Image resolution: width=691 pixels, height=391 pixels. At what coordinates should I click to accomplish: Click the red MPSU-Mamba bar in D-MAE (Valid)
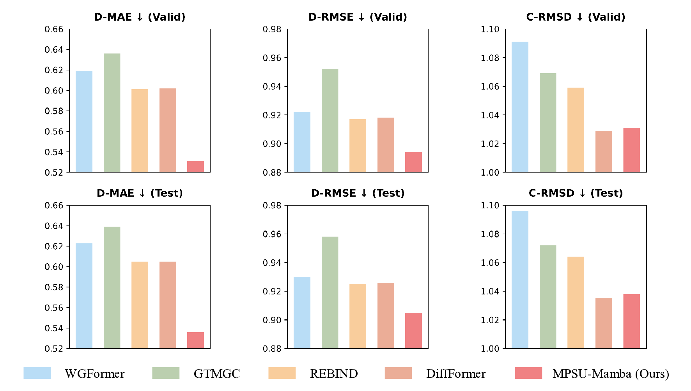(195, 167)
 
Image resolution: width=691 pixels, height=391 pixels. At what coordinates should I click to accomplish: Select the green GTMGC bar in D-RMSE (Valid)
(330, 121)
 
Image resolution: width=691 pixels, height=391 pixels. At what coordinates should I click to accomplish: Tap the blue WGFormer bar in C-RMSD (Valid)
(520, 107)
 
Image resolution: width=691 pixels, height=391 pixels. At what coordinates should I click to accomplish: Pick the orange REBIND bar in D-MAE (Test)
(140, 305)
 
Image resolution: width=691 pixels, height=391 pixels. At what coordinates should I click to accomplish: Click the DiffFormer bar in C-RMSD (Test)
(604, 323)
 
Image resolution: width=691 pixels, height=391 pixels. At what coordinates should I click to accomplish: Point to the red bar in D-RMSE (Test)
(413, 330)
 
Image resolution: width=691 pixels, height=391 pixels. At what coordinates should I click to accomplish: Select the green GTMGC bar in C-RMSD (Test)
(548, 297)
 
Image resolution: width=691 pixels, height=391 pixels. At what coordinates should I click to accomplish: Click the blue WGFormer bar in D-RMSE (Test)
(302, 313)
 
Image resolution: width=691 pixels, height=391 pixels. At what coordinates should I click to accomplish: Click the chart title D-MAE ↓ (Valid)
(140, 17)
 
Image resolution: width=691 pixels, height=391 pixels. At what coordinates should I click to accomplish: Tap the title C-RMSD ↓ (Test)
(576, 193)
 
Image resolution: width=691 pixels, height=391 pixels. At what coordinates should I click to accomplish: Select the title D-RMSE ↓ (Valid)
(358, 17)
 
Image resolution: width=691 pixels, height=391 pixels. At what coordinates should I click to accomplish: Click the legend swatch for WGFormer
(37, 373)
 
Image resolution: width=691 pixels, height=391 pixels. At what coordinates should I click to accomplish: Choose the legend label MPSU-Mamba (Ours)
(611, 374)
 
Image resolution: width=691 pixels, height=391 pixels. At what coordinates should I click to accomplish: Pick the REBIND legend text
(334, 374)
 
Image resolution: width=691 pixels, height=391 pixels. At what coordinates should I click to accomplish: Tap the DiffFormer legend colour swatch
(398, 373)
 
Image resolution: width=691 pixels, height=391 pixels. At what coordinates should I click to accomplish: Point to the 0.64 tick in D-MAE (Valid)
(54, 50)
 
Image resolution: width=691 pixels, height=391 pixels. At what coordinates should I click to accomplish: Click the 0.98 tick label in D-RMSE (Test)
(272, 206)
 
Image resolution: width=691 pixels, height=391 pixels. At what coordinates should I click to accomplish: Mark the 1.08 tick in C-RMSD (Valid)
(490, 58)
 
